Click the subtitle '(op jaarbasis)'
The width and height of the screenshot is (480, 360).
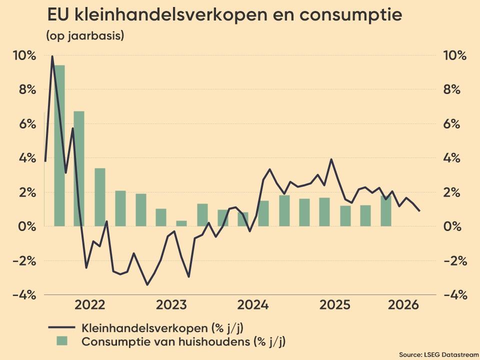(85, 36)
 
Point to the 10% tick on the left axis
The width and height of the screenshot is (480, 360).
(24, 55)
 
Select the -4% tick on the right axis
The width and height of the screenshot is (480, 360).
(455, 295)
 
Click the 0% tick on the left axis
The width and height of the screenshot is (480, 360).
(27, 227)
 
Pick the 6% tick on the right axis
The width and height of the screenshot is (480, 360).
(451, 124)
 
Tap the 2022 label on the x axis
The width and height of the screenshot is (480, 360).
(89, 305)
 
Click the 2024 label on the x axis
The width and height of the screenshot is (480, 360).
(253, 305)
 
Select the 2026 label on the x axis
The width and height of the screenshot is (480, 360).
(403, 305)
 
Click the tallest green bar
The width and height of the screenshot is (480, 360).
(59, 145)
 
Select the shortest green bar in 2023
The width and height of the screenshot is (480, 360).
(181, 223)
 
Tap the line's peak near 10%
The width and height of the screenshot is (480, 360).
(52, 56)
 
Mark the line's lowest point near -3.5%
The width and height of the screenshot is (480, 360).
(147, 284)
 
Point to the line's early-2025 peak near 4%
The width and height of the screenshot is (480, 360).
(331, 159)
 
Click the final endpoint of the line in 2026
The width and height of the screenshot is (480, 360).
(419, 210)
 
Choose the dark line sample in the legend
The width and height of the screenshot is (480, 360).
(62, 327)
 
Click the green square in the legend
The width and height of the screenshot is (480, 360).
(62, 341)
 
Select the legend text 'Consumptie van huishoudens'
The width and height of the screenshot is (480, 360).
(165, 341)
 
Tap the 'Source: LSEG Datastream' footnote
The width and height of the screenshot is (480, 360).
(439, 354)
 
